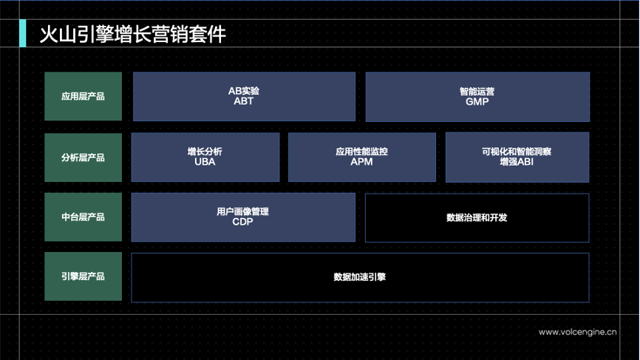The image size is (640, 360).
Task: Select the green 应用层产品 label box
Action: click(x=83, y=96)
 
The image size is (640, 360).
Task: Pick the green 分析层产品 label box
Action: click(x=83, y=157)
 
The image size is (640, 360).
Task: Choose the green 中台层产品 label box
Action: click(x=83, y=217)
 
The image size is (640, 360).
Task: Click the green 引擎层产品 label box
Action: click(x=83, y=276)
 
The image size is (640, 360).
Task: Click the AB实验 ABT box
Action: click(x=243, y=96)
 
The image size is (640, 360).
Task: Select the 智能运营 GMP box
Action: click(x=477, y=96)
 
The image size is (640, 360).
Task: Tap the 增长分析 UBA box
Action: click(x=205, y=157)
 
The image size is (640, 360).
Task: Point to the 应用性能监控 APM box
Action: click(x=361, y=157)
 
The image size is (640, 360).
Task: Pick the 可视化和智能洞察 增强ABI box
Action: click(x=517, y=157)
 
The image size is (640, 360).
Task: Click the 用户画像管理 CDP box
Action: click(x=242, y=217)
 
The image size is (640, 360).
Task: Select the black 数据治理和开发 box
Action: click(x=477, y=217)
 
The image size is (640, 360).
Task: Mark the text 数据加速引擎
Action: click(x=360, y=277)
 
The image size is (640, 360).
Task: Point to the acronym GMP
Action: click(x=477, y=102)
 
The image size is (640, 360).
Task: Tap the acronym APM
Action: click(x=361, y=162)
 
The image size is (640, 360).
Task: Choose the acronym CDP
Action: click(x=242, y=222)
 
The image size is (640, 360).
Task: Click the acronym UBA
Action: click(x=205, y=162)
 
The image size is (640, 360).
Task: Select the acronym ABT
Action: click(x=243, y=101)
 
